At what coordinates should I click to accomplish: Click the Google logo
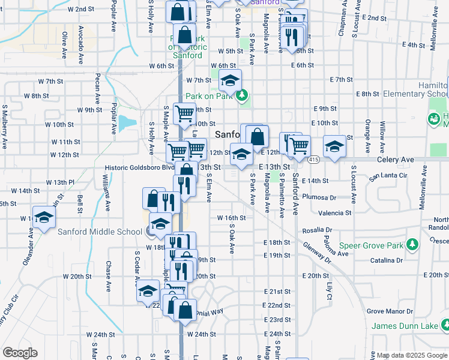click(20, 353)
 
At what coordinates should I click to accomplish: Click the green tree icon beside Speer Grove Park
click(412, 244)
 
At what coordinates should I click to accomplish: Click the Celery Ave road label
click(396, 160)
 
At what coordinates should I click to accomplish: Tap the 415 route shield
click(314, 160)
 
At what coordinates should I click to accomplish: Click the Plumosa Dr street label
click(319, 197)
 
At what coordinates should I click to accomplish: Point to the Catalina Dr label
click(386, 260)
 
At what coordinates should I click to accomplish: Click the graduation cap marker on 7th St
click(229, 79)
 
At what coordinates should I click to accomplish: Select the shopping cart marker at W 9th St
click(184, 112)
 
